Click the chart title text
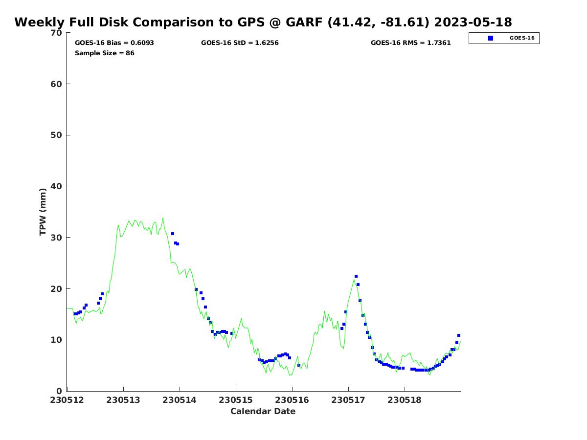[263, 22]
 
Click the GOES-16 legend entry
[504, 38]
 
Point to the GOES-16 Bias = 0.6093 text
[114, 43]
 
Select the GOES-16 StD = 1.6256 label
[240, 43]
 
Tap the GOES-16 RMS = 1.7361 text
[410, 43]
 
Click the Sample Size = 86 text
[104, 53]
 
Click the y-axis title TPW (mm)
[43, 212]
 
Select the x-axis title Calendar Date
[263, 411]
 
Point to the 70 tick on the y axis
[57, 33]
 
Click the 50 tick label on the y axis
[57, 135]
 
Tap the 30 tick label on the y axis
[57, 238]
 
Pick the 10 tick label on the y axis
[57, 340]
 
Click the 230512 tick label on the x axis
[67, 400]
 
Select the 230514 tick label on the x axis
[180, 400]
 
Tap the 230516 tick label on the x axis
[292, 400]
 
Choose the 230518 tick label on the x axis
[405, 400]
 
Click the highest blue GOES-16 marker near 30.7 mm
[173, 234]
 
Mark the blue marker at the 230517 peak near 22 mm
[356, 276]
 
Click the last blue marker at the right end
[459, 335]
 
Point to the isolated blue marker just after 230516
[299, 365]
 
